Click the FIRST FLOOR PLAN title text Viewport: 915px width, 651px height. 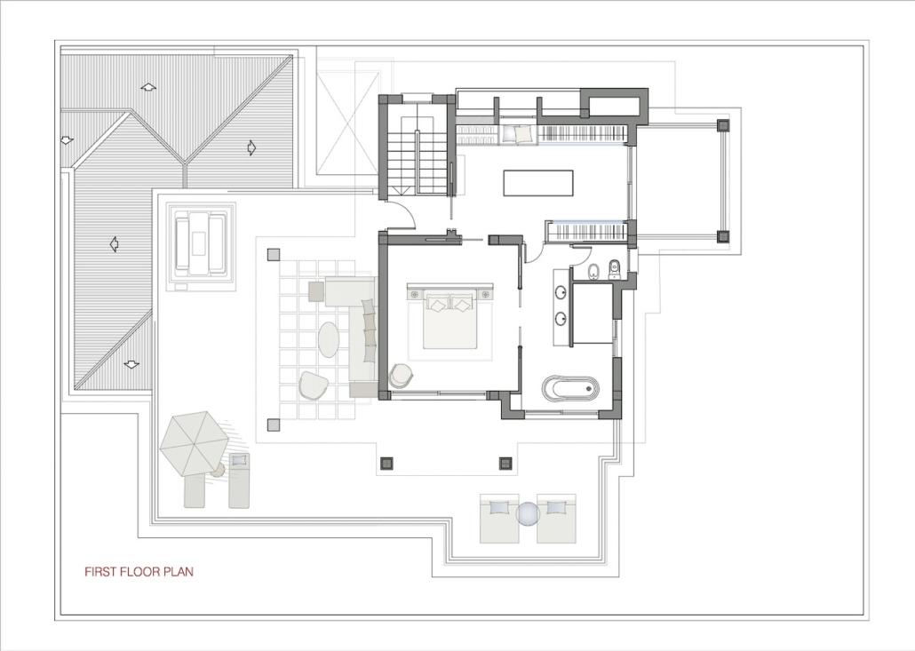click(x=139, y=572)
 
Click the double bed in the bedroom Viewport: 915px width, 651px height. click(x=450, y=320)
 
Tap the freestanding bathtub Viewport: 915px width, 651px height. click(x=570, y=388)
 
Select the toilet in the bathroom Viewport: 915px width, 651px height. click(x=615, y=269)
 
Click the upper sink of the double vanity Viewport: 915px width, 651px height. click(x=561, y=291)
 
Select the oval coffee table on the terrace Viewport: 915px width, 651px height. click(x=329, y=340)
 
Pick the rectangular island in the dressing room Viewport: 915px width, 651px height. click(x=538, y=183)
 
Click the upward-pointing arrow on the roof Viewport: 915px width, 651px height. click(x=149, y=88)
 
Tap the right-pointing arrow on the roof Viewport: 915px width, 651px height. click(x=251, y=147)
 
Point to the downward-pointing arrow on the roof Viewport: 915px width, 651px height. click(x=131, y=365)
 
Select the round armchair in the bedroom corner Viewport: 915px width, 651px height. click(x=402, y=375)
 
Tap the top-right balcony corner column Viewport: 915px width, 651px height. click(x=723, y=125)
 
